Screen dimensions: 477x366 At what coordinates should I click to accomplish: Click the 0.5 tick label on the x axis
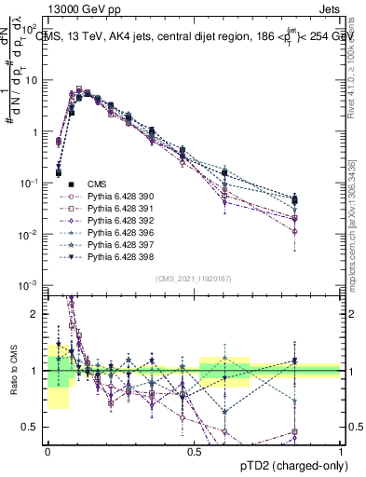point(195,451)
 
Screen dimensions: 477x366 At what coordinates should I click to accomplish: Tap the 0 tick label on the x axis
point(48,451)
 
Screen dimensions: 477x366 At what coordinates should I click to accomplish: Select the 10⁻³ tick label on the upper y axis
point(31,284)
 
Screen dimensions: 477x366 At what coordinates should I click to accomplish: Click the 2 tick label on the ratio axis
point(38,314)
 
